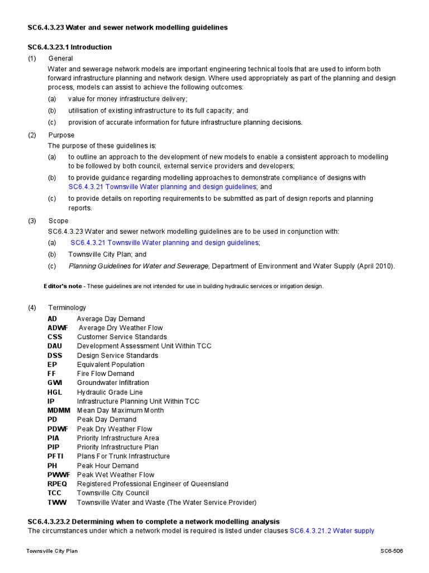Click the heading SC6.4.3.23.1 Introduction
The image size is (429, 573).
click(x=70, y=47)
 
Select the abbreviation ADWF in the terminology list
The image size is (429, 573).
click(x=57, y=328)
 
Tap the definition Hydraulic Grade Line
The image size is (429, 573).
click(x=109, y=392)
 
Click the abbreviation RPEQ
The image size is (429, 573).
click(x=58, y=484)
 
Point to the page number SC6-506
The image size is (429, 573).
click(x=391, y=551)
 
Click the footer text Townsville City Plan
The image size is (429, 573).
click(x=52, y=551)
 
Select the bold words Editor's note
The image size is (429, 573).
click(x=63, y=286)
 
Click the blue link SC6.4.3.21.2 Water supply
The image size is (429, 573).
click(x=332, y=530)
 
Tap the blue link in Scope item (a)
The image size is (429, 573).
click(x=165, y=243)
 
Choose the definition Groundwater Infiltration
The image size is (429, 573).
click(x=113, y=383)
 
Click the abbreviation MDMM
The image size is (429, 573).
click(x=59, y=410)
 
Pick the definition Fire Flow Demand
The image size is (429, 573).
click(x=106, y=374)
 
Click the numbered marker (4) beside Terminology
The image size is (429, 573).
click(x=32, y=307)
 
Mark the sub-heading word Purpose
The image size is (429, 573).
click(x=61, y=135)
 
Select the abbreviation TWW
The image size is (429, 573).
click(x=57, y=502)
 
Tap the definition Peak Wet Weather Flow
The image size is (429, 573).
click(x=116, y=475)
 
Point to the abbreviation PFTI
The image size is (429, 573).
click(x=55, y=456)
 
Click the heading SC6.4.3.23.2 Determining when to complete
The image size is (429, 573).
click(x=154, y=521)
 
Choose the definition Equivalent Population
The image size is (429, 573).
click(x=111, y=364)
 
